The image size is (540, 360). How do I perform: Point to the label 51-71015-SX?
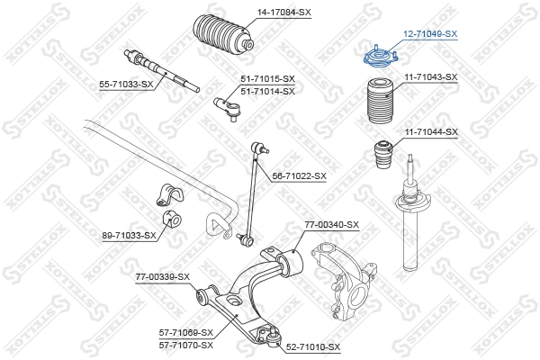point(267,80)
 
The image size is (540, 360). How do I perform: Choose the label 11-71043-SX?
point(430,77)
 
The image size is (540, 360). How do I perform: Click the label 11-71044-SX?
point(430,131)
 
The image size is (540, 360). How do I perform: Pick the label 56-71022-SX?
point(299,176)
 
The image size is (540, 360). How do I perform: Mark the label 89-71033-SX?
point(129,235)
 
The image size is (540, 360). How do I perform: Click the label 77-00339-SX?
point(163,276)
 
